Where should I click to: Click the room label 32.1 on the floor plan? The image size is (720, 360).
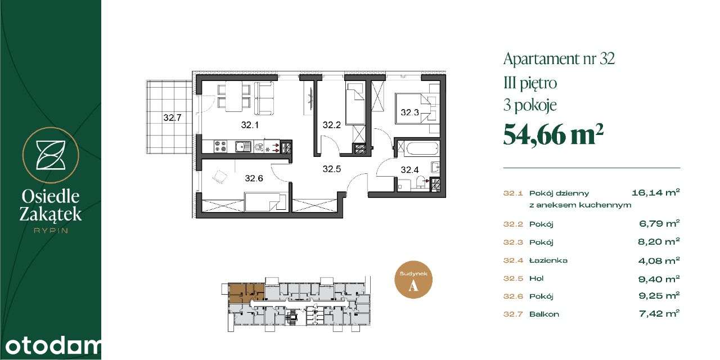pos(249,125)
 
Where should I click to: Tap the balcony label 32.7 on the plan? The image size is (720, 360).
pos(173,118)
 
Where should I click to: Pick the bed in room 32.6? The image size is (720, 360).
pos(264,200)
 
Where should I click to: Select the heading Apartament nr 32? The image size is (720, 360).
pos(559,58)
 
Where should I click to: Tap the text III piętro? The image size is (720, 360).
pos(530,83)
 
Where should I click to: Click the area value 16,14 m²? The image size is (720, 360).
pos(656,192)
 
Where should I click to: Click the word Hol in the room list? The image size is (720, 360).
pos(536,278)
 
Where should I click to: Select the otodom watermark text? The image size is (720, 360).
pos(51,346)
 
